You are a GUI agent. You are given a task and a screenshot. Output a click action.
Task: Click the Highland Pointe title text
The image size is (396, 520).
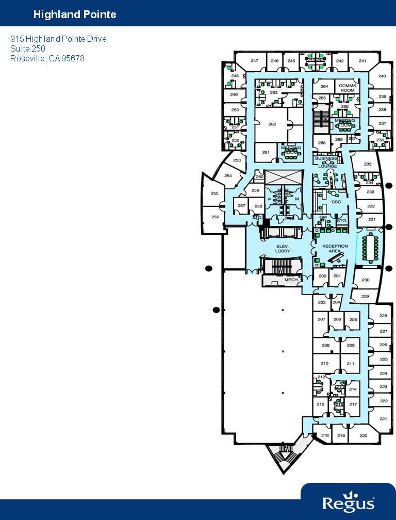(75, 14)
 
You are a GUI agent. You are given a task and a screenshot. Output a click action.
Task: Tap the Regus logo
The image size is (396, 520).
(348, 502)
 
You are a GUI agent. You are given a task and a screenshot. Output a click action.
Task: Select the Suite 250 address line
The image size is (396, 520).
(28, 48)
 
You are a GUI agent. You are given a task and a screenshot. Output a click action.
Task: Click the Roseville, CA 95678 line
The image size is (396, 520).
(47, 58)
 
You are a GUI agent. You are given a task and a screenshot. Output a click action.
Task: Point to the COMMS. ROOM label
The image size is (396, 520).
(348, 88)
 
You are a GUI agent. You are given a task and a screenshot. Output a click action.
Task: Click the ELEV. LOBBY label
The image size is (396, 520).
(282, 249)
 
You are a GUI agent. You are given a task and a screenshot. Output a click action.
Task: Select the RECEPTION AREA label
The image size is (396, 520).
(335, 248)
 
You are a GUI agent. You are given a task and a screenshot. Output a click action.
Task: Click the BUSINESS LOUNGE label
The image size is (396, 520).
(327, 162)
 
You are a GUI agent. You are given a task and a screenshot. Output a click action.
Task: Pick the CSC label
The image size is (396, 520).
(336, 202)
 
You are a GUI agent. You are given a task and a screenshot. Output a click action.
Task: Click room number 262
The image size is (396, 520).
(272, 124)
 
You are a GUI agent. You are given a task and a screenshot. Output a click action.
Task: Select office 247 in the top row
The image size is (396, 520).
(254, 61)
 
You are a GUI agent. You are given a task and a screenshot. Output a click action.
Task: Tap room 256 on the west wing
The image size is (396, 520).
(215, 217)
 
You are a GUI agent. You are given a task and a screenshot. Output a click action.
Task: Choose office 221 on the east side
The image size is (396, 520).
(383, 419)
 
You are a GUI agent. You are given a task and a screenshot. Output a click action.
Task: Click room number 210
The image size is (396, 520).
(324, 363)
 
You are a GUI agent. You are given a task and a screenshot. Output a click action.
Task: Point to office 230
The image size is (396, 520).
(365, 280)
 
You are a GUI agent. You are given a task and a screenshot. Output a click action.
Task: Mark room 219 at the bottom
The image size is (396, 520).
(341, 436)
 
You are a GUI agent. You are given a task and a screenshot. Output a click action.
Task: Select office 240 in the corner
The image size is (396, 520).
(382, 76)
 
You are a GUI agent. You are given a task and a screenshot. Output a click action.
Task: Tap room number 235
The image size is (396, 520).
(368, 164)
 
